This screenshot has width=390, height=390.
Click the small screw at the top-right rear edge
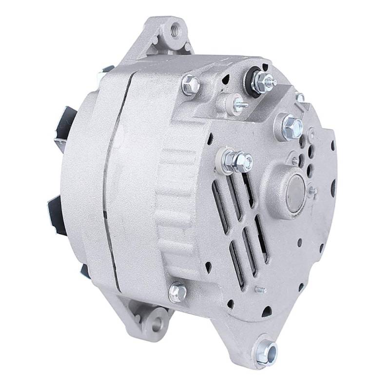click(301, 98)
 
